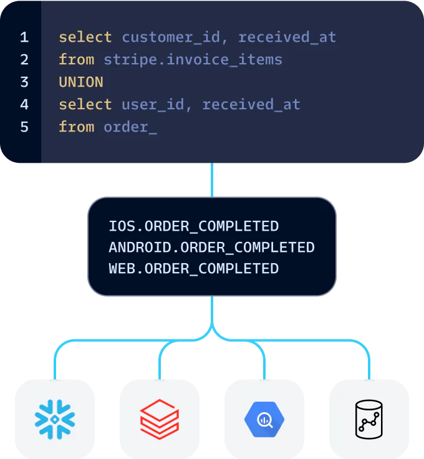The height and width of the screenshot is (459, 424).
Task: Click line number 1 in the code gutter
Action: [24, 37]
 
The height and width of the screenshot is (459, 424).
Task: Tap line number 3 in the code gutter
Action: [24, 82]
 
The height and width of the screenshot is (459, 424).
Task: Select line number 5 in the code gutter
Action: [24, 127]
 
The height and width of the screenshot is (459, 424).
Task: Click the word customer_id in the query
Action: [171, 37]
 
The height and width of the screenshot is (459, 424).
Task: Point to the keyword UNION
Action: [81, 82]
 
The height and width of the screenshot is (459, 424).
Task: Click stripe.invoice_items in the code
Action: [193, 60]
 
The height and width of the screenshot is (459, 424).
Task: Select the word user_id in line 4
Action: [153, 105]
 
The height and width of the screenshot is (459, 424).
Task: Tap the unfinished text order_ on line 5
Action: [130, 127]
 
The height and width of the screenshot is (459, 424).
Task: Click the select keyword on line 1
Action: [85, 37]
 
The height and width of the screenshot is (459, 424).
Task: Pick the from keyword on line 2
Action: [77, 60]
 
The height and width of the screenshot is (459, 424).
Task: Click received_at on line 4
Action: [251, 105]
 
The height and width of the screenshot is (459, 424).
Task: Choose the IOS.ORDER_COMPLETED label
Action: [193, 226]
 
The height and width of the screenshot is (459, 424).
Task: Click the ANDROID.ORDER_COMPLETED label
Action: [211, 248]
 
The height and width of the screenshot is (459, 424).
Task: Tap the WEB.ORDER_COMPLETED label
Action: [193, 269]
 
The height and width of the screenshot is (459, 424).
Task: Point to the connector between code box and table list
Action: [212, 180]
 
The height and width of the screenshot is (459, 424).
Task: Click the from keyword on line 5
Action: [77, 127]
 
